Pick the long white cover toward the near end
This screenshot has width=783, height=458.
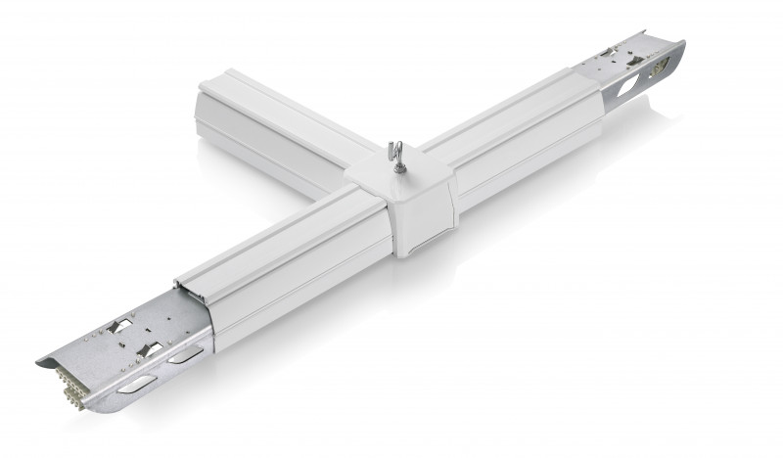pyautogui.click(x=284, y=254)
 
